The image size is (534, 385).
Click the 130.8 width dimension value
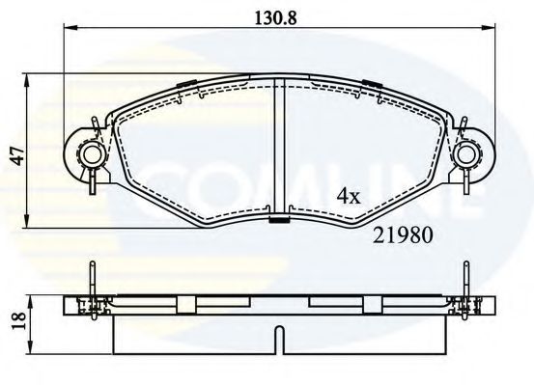271,16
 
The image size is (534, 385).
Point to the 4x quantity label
348,196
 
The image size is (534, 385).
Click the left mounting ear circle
91,154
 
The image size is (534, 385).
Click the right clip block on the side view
370,304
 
